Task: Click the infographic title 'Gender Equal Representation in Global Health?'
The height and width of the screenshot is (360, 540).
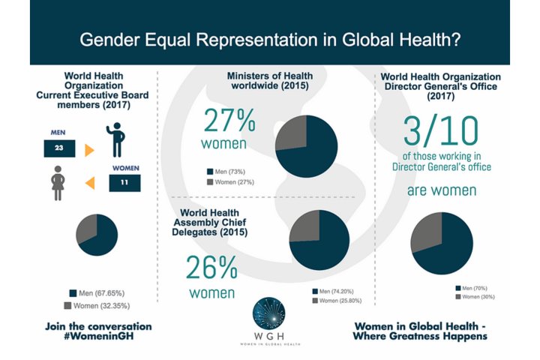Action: pos(270,39)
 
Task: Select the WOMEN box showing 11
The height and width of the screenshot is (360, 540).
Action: pos(125,181)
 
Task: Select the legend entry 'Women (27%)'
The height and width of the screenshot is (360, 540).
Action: pos(235,181)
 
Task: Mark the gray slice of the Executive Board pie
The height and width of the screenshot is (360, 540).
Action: pos(90,226)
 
